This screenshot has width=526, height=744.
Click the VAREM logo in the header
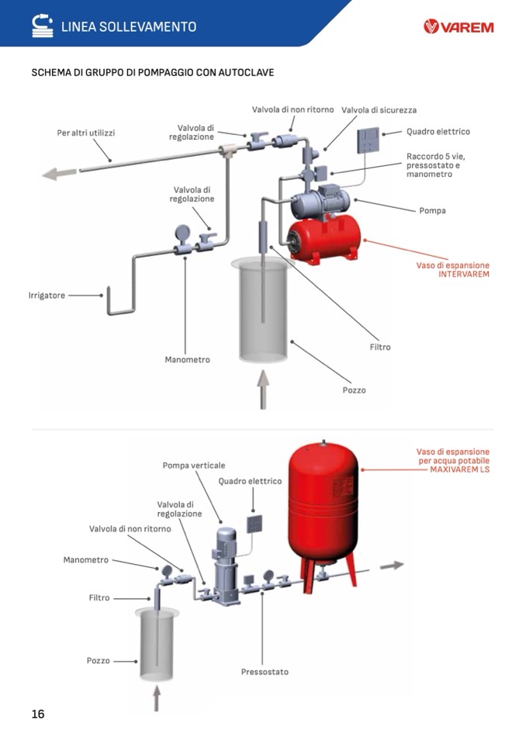tap(459, 27)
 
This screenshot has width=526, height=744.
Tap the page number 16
tap(38, 714)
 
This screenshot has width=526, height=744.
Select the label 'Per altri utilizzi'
tap(86, 133)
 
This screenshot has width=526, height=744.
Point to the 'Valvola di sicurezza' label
tap(379, 110)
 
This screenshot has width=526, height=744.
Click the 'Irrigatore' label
tap(47, 295)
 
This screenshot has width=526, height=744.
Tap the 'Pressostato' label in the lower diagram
tap(265, 671)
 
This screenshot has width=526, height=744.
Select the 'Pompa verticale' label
tap(194, 465)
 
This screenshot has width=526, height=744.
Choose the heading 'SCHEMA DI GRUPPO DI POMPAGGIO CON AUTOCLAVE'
tap(153, 73)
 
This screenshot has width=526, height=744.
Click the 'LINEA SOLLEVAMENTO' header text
tap(129, 26)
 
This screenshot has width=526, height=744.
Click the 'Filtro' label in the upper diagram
tap(380, 347)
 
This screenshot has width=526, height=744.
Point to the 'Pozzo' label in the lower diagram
tap(99, 661)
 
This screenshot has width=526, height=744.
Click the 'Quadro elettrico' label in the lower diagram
tap(250, 481)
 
